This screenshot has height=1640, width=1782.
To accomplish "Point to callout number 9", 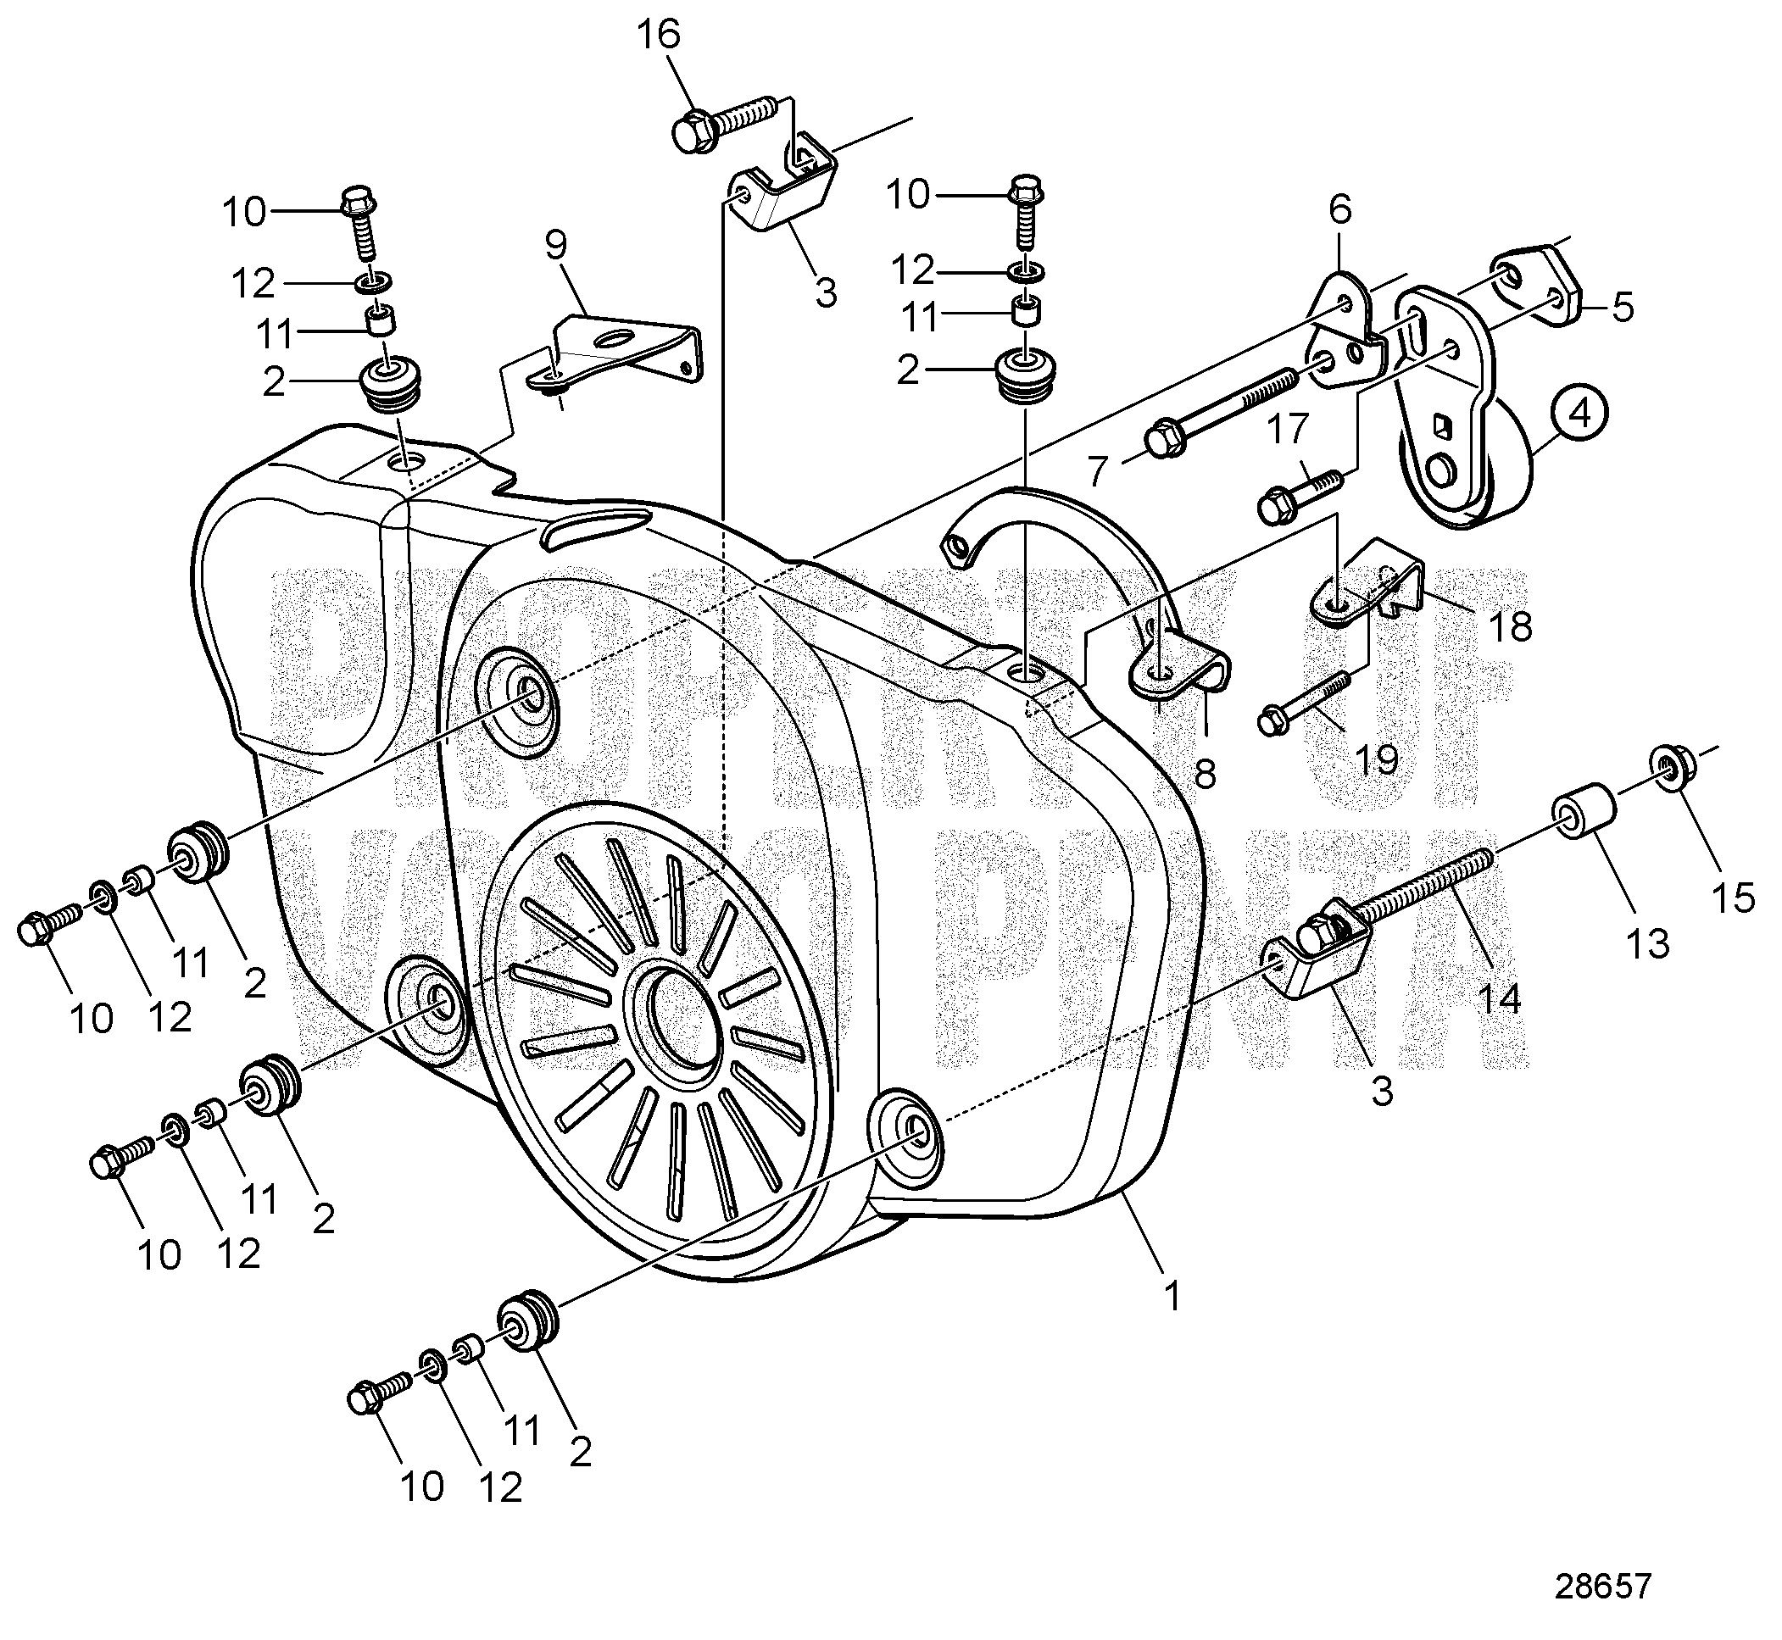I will (555, 245).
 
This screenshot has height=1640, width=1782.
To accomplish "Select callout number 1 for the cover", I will (1172, 1297).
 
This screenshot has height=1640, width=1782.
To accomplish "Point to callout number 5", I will (1623, 307).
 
